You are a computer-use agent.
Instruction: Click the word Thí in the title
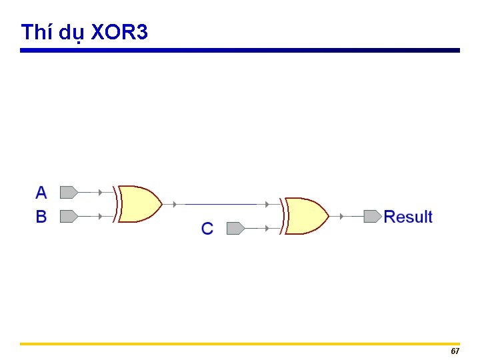point(37,31)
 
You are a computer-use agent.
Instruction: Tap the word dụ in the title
point(71,33)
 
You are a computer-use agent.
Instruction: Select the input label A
point(41,193)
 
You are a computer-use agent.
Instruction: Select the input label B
point(41,217)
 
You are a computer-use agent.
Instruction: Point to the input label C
point(207,229)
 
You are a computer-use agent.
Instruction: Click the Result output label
point(408,217)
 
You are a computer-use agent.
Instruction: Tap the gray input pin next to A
point(68,193)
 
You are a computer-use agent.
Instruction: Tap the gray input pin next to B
point(68,217)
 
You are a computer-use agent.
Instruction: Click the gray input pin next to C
point(235,229)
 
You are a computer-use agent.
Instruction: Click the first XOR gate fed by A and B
point(139,204)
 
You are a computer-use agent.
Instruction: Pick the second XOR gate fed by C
point(306,216)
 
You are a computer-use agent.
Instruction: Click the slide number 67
point(455,351)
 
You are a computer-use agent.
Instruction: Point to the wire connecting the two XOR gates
point(220,204)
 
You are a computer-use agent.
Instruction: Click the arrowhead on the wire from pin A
point(100,193)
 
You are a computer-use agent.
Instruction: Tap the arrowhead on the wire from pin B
point(100,217)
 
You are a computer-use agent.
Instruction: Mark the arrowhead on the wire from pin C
point(267,229)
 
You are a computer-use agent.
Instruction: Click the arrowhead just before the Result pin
point(341,216)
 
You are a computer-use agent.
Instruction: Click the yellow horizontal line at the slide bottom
point(240,344)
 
